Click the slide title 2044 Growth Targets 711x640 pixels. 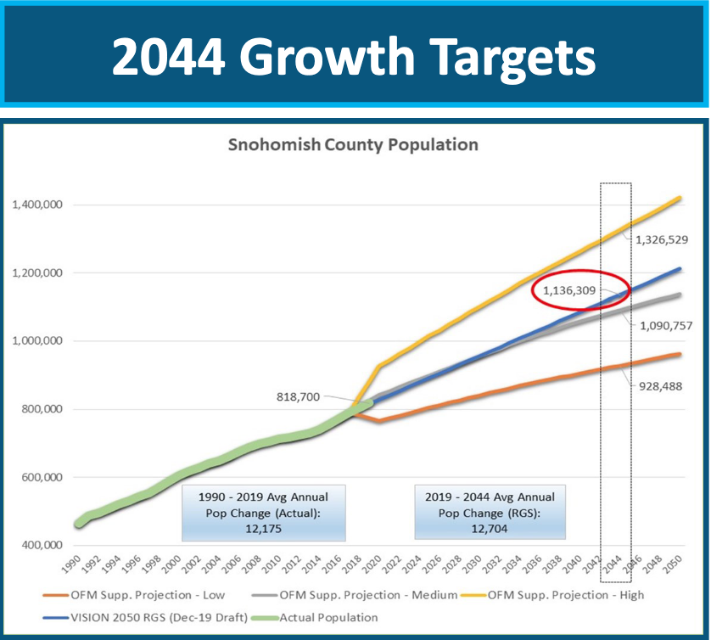point(354,55)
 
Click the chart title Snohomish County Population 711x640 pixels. point(353,145)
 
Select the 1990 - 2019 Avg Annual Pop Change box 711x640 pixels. point(264,512)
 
